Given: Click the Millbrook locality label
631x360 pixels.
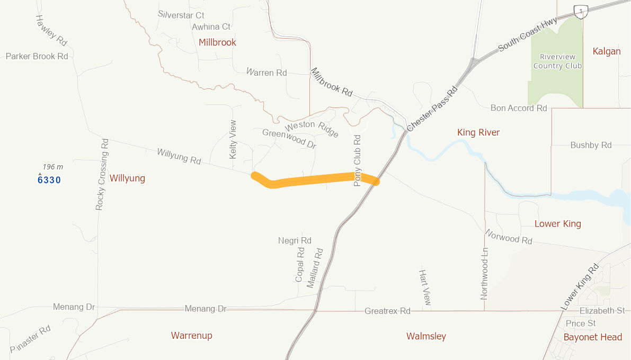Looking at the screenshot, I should [x=217, y=42].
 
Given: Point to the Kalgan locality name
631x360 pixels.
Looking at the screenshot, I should [x=607, y=51].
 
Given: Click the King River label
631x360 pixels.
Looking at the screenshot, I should [x=478, y=132].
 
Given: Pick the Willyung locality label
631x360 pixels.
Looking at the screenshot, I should [x=127, y=178].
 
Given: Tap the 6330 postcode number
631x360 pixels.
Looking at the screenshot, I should [x=49, y=180].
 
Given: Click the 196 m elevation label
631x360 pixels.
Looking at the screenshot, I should [x=53, y=167].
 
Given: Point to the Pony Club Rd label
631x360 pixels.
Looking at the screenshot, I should [x=357, y=160].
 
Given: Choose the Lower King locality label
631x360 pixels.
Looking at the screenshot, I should [x=558, y=224].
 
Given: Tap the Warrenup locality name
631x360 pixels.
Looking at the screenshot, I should [x=192, y=336].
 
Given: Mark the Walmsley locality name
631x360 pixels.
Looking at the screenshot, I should [x=426, y=336].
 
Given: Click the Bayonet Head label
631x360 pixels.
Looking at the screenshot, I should [x=592, y=337].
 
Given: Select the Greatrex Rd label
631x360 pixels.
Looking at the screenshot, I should [x=387, y=311].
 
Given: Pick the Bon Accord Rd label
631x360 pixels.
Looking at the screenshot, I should [x=519, y=108].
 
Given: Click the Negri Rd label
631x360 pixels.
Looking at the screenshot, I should [x=295, y=241].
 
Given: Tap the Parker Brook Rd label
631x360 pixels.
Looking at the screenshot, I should [x=37, y=56].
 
